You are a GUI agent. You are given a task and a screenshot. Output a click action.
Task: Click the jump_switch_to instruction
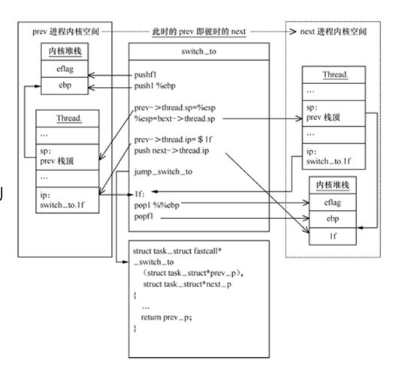[163, 172]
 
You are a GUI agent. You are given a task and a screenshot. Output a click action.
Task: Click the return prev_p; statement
[168, 317]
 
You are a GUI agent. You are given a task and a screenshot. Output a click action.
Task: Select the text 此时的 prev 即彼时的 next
[198, 31]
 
